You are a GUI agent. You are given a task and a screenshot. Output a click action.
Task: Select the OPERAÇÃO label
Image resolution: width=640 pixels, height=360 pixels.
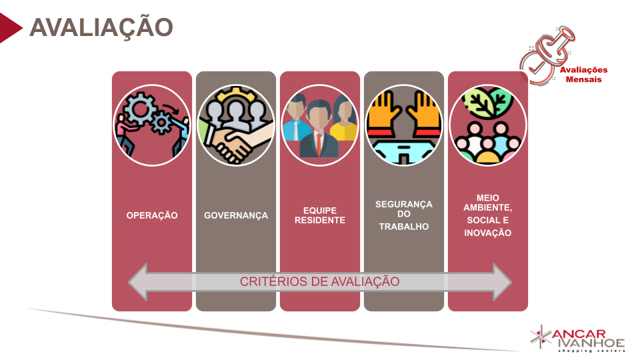[152, 215]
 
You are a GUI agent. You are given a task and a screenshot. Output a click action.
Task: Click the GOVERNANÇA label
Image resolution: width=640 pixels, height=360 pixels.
[236, 215]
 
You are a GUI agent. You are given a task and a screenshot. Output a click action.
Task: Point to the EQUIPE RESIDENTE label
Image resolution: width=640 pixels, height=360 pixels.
[320, 215]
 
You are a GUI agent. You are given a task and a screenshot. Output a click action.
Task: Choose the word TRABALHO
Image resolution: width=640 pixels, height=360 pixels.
[404, 227]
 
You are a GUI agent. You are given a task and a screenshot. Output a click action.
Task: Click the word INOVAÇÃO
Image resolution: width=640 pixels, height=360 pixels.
[488, 233]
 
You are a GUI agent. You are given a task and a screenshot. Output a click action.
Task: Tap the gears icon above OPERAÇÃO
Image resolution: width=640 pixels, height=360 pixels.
[152, 125]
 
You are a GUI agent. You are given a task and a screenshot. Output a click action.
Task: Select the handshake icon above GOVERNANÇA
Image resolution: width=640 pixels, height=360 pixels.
[236, 125]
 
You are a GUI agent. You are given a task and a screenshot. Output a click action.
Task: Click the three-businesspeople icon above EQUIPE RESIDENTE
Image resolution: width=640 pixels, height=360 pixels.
[320, 125]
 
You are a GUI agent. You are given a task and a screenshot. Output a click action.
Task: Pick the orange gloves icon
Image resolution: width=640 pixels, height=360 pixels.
[404, 125]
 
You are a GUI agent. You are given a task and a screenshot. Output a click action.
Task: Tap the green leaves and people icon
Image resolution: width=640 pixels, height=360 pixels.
[488, 125]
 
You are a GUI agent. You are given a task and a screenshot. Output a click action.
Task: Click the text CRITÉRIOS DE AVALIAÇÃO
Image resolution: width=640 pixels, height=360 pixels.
[320, 281]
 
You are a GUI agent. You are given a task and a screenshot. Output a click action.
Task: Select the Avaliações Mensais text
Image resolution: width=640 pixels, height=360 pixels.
[583, 75]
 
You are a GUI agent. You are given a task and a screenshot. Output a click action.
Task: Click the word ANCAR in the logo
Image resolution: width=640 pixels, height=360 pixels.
[580, 333]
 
